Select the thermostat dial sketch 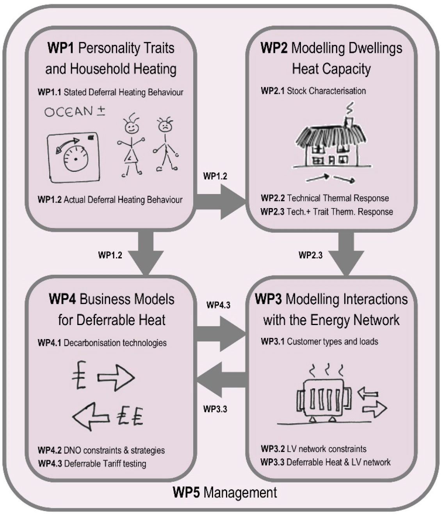[73, 157]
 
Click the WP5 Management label [225, 492]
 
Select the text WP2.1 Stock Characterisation [313, 91]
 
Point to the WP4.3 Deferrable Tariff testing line [92, 463]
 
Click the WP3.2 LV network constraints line [313, 449]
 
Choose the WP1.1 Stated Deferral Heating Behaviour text [110, 92]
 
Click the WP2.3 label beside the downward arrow [311, 255]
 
